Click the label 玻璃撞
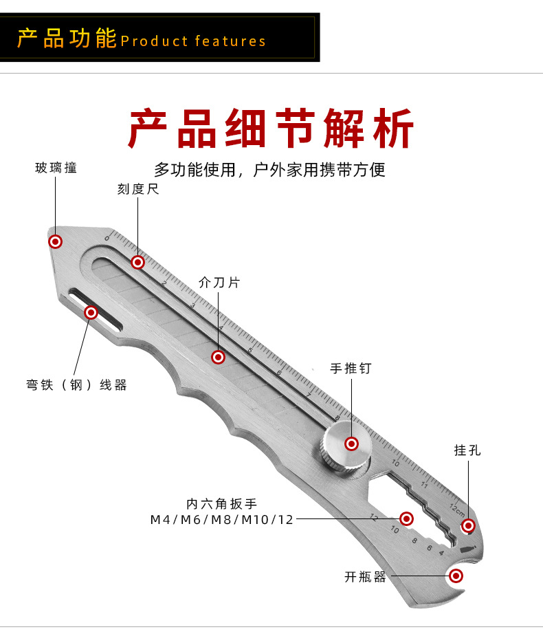[56, 168]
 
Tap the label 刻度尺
[138, 189]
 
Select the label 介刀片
[219, 283]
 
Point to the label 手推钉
[351, 369]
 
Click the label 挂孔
[467, 451]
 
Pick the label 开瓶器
[366, 577]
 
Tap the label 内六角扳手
[222, 504]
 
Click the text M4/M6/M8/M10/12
[222, 519]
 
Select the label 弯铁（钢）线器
[77, 385]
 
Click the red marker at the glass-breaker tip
[56, 241]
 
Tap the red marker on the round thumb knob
[351, 444]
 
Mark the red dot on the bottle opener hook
[456, 576]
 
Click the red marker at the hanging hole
[468, 526]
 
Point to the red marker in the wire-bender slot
[90, 313]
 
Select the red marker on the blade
[219, 357]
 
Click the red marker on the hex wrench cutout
[406, 518]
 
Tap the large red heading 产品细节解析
[271, 129]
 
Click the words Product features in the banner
[193, 41]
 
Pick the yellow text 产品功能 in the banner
[67, 39]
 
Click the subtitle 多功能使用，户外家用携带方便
[270, 169]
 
